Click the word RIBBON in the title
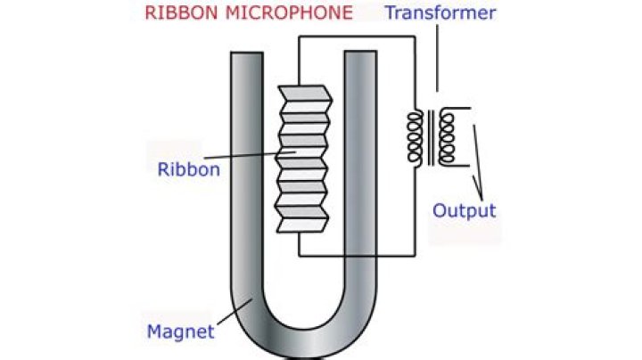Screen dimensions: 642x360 click(x=181, y=12)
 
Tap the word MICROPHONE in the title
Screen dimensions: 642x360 click(x=289, y=12)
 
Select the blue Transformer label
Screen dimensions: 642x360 click(x=440, y=12)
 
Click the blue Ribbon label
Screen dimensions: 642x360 click(x=189, y=169)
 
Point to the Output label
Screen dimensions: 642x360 click(x=465, y=210)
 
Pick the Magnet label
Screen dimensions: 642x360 click(x=180, y=331)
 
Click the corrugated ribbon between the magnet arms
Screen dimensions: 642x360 click(x=303, y=160)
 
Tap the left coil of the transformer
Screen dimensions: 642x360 click(x=415, y=138)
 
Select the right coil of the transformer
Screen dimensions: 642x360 click(x=447, y=137)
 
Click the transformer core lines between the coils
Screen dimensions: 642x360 click(x=431, y=137)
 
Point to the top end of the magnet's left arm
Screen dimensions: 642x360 click(x=246, y=53)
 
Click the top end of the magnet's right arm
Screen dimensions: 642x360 click(x=360, y=52)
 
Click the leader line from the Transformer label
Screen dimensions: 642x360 click(x=437, y=58)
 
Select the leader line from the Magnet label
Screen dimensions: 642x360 click(x=235, y=312)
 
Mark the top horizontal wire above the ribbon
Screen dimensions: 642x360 click(x=357, y=37)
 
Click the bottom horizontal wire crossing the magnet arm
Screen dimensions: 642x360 click(x=357, y=256)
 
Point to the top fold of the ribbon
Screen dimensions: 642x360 click(x=305, y=94)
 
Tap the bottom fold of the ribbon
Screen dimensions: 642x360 click(x=302, y=225)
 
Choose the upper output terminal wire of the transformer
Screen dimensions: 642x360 click(x=456, y=109)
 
